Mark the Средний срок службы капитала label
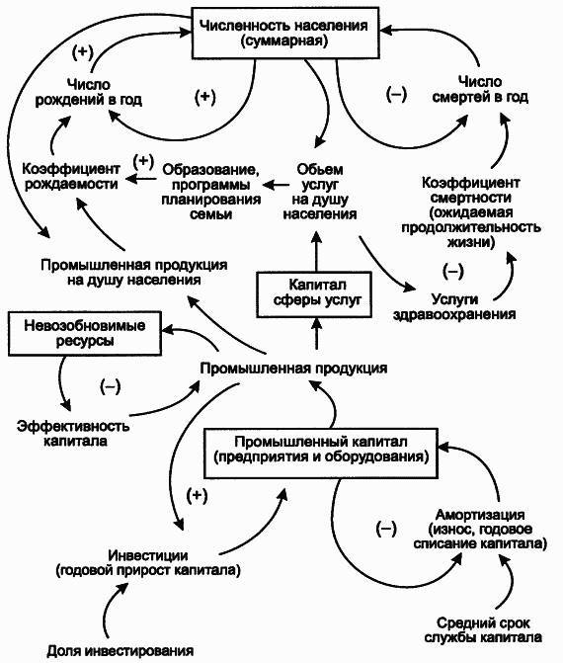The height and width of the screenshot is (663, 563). point(477,631)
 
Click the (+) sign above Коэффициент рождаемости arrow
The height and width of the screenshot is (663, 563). point(143,160)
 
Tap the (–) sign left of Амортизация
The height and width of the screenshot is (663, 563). point(386,529)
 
